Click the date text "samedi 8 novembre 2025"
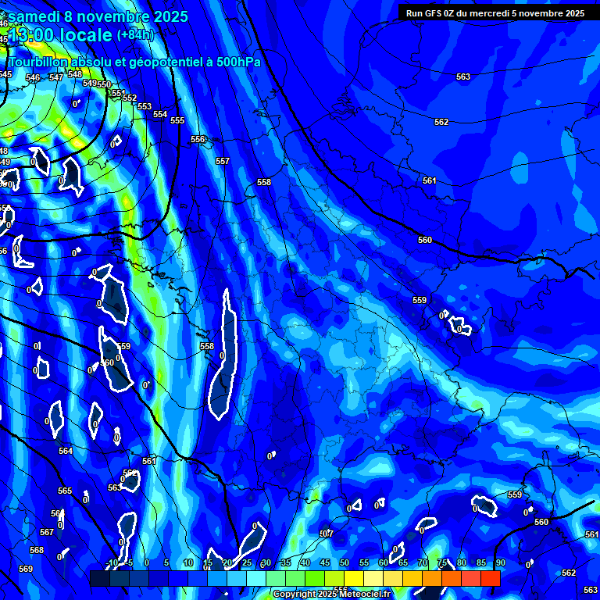(97, 16)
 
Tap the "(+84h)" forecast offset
(135, 34)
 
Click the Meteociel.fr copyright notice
(331, 595)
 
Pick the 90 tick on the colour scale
(500, 562)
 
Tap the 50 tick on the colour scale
(345, 562)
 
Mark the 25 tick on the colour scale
(247, 562)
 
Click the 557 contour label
(223, 161)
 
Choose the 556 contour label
(198, 139)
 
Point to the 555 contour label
(177, 120)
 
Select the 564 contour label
(66, 451)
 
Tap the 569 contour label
(26, 569)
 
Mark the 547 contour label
(56, 77)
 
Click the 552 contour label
(130, 98)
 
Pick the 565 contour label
(65, 491)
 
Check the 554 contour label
(160, 114)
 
